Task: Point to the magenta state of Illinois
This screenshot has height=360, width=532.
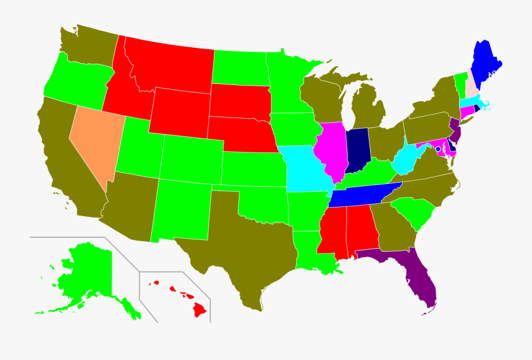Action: (x=332, y=151)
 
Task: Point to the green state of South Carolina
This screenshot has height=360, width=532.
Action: (x=414, y=213)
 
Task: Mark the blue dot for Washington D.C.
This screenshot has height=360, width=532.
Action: (x=438, y=149)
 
